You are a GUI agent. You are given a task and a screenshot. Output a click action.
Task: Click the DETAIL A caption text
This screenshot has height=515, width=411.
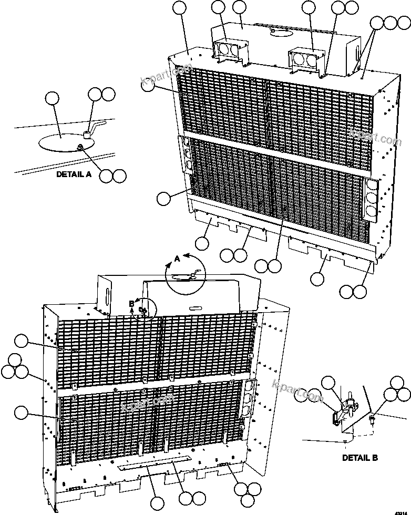coord(74,174)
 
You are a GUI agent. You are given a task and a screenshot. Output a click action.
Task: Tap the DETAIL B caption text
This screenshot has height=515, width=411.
coord(360,458)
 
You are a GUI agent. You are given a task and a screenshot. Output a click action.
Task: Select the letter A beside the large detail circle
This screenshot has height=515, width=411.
coord(177,259)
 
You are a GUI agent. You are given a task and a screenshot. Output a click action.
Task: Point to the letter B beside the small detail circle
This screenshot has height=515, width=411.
coord(131,304)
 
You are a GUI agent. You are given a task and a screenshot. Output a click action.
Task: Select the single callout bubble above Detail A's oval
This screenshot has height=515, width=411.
coord(52,99)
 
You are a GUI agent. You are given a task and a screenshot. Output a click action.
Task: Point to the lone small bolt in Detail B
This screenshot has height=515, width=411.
coord(372,419)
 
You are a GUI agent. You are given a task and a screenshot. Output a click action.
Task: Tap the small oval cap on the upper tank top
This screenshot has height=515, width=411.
coord(279,32)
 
